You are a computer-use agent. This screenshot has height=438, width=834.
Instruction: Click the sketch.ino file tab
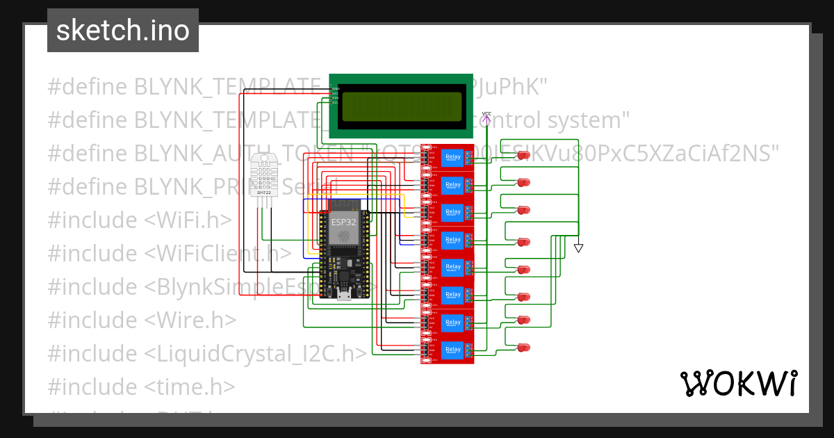123,31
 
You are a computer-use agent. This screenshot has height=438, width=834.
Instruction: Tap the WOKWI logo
738,383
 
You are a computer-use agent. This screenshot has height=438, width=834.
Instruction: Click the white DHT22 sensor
263,175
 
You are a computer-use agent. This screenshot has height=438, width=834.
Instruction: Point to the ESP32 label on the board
343,222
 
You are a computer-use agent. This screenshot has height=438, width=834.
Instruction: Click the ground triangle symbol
578,248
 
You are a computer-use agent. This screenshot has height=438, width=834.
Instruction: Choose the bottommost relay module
448,349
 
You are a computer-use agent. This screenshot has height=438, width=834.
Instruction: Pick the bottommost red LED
523,347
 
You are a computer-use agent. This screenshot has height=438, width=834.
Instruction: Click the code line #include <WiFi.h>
139,220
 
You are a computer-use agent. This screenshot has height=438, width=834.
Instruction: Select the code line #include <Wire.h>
142,321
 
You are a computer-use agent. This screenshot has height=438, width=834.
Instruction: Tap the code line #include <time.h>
141,387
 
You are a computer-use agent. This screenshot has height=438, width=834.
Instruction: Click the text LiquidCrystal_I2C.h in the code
255,354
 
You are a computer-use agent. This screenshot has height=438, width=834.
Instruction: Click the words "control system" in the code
556,121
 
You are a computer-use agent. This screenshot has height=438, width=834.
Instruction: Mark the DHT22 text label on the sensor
263,193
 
